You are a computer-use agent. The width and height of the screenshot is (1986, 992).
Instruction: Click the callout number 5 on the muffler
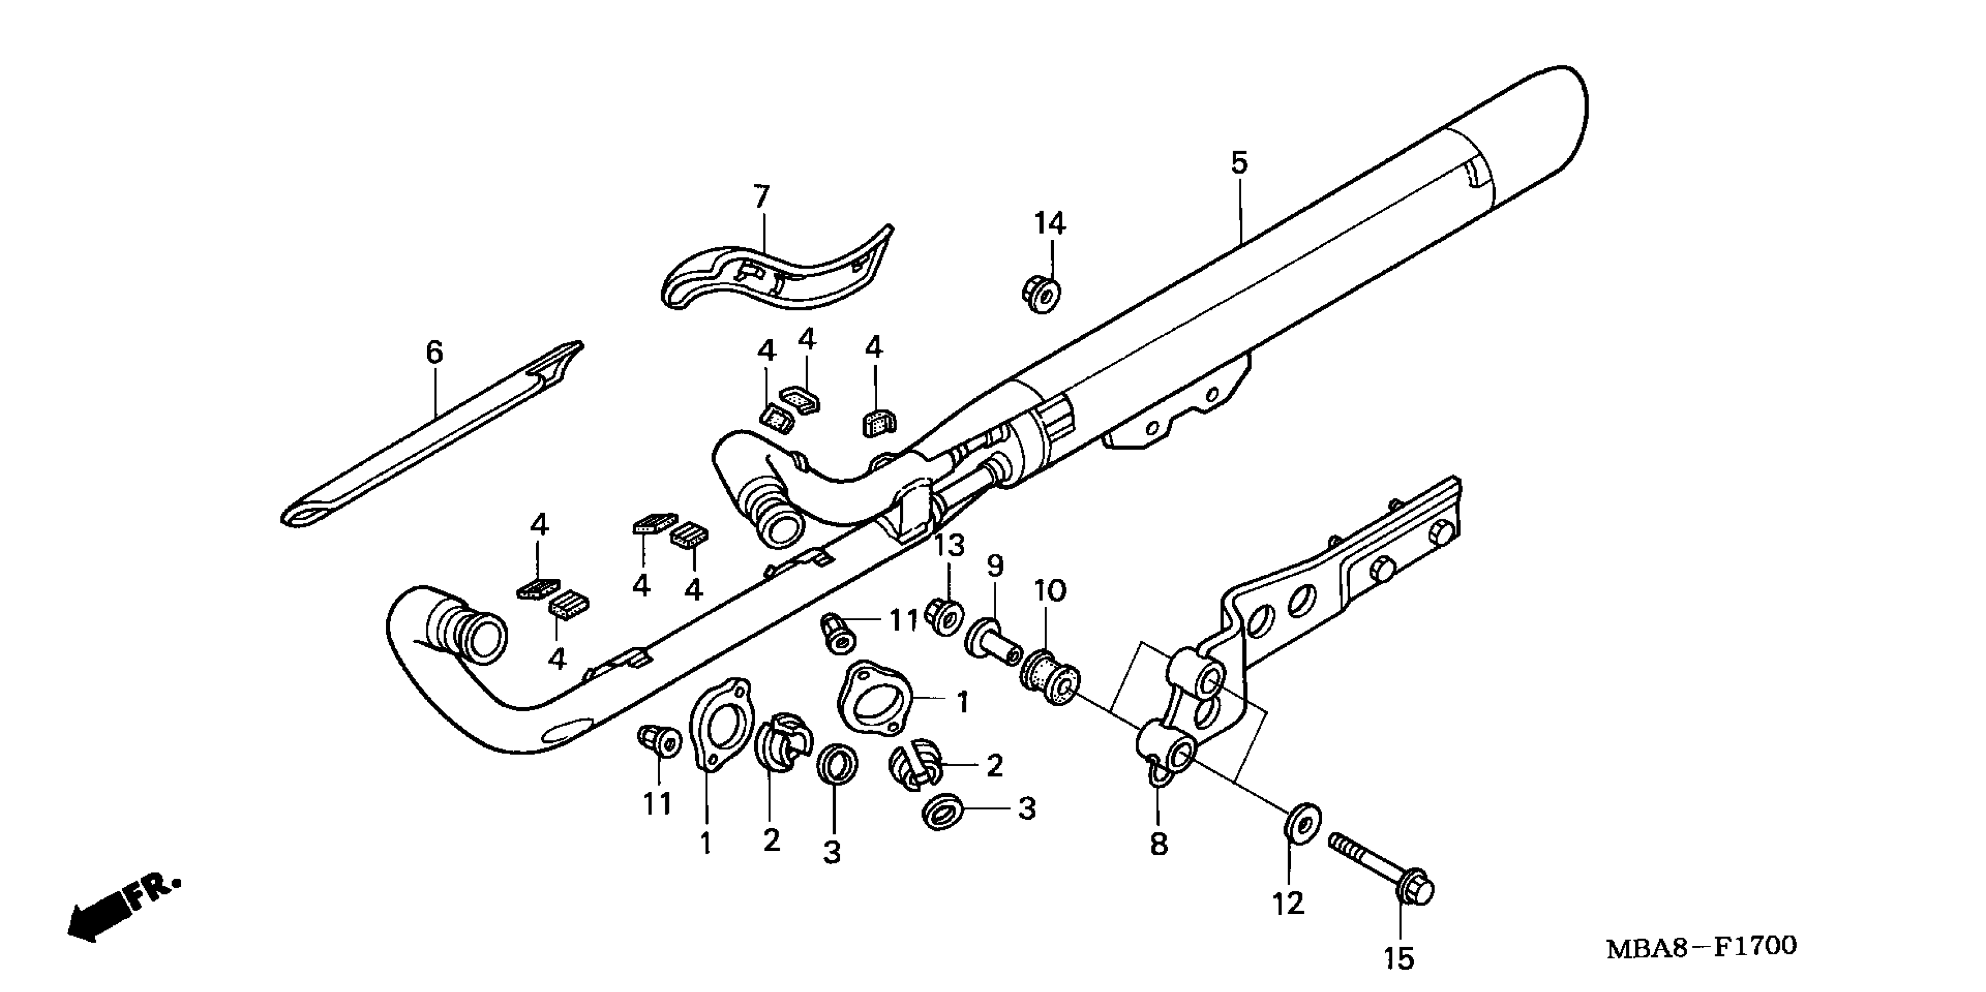tap(1238, 163)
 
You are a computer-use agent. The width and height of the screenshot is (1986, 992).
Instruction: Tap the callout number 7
tap(761, 197)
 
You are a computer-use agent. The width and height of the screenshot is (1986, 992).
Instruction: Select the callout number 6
tap(435, 353)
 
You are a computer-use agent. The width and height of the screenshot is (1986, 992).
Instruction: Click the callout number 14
tap(1049, 223)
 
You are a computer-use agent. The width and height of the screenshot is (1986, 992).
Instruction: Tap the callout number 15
tap(1398, 958)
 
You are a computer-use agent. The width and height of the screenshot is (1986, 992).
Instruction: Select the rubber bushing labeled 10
tap(1049, 678)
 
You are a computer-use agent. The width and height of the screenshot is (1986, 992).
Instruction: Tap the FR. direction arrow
tap(123, 910)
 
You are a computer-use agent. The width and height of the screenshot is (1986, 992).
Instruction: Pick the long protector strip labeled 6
tap(432, 439)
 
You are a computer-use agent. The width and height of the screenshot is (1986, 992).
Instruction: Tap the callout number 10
tap(1049, 591)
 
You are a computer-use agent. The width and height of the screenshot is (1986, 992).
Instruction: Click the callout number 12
tap(1287, 903)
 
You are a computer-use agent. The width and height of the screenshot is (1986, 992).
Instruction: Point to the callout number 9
tap(995, 567)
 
